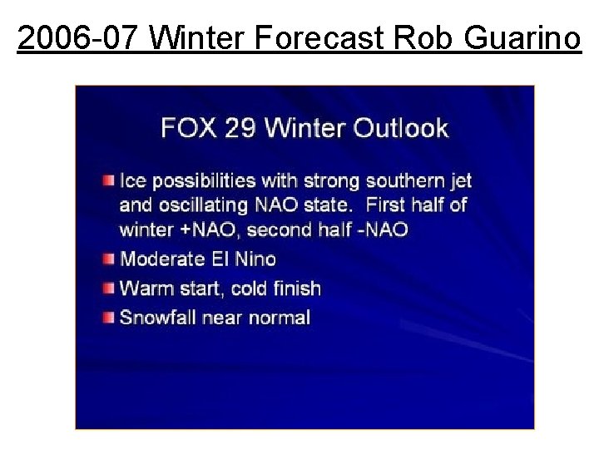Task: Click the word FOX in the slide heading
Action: (x=187, y=128)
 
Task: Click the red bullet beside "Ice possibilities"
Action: (x=109, y=180)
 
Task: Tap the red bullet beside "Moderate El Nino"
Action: (x=109, y=259)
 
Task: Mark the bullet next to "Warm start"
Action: (x=109, y=289)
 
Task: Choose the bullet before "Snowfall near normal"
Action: (x=109, y=317)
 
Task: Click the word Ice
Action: (x=133, y=180)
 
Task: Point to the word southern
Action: (x=403, y=180)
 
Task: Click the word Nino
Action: (x=254, y=259)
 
